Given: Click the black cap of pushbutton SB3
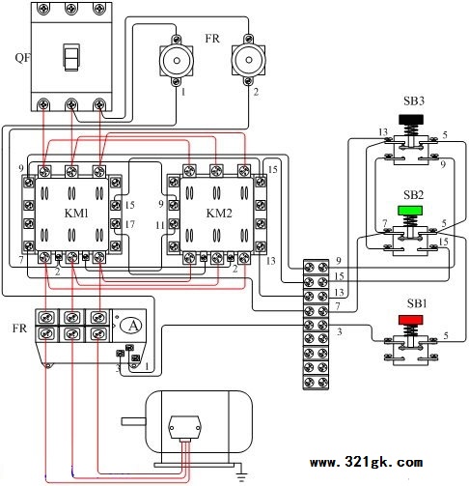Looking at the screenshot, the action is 411,120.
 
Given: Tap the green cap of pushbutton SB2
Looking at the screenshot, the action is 410,211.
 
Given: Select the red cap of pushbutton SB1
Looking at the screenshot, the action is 410,320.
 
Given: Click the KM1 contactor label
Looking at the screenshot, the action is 76,214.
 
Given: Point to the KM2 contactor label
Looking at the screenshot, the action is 219,214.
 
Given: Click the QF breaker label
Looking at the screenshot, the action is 23,58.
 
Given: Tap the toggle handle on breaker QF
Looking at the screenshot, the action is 71,57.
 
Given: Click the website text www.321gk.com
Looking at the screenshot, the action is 366,463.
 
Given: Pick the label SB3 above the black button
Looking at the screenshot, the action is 414,101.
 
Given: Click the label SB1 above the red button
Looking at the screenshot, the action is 417,303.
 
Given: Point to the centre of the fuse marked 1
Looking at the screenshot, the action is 177,61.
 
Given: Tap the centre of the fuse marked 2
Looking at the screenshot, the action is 249,60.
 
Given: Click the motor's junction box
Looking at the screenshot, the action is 184,427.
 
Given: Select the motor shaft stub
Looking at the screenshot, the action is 133,421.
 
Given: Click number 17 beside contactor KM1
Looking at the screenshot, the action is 129,224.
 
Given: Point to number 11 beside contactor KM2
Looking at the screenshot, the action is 160,225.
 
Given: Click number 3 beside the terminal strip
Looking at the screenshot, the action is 340,331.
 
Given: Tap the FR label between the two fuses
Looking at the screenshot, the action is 212,39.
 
